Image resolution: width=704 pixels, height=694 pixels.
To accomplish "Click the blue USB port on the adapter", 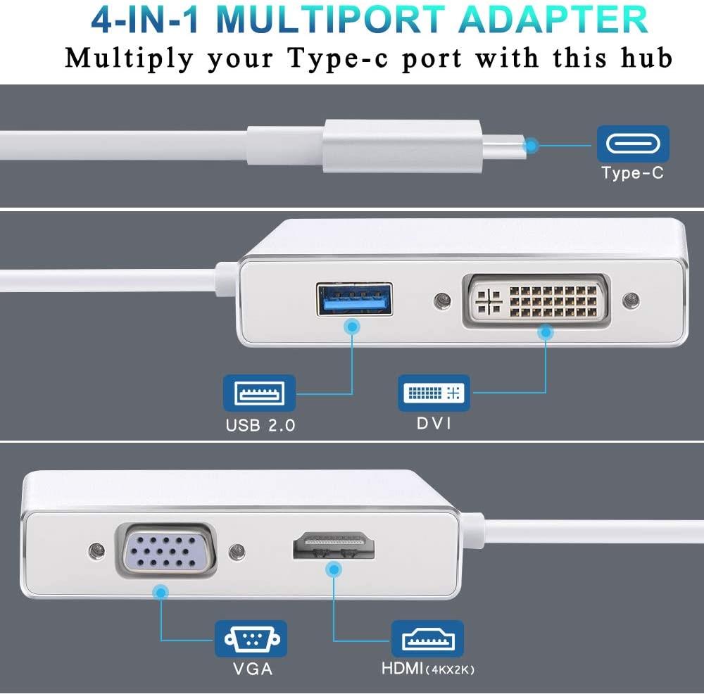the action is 354,299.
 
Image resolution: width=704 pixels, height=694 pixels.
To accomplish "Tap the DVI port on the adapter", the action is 536,300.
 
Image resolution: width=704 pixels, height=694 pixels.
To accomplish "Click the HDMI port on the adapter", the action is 334,545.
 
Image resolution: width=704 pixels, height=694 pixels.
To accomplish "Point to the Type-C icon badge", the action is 633,144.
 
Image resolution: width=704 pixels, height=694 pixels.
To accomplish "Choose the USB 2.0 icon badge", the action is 260,393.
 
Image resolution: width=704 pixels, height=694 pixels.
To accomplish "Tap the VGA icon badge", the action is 251,638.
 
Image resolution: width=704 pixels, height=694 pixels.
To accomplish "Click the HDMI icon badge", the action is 427,638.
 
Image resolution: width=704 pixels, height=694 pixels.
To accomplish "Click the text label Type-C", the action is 633,173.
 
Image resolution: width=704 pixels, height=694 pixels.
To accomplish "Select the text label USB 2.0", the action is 260,425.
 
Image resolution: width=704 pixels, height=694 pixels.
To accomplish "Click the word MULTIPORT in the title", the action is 330,20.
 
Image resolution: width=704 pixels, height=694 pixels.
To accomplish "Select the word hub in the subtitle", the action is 646,58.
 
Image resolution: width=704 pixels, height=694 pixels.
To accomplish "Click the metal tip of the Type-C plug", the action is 504,146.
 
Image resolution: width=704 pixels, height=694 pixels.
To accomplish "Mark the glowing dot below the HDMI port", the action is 334,570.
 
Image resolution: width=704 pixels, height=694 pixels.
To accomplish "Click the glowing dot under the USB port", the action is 353,327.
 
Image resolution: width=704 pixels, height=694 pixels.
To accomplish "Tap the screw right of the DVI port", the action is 631,301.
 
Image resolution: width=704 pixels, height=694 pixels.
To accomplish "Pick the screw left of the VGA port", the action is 97,550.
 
